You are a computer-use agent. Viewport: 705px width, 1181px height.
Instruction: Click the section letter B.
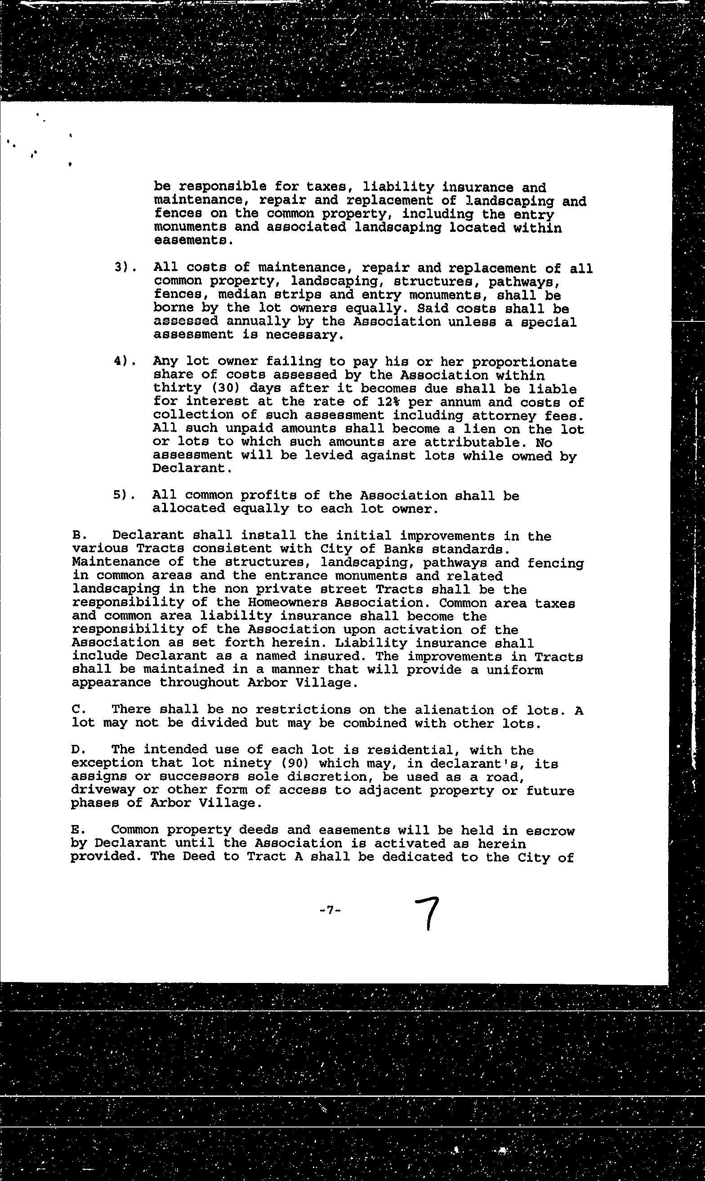click(78, 536)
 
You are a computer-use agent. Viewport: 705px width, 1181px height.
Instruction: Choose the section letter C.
click(78, 709)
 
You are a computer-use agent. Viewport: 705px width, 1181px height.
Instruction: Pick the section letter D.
click(78, 750)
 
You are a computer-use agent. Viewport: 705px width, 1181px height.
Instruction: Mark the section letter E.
click(77, 830)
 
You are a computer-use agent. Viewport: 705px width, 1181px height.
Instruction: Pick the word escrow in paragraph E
click(551, 830)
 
